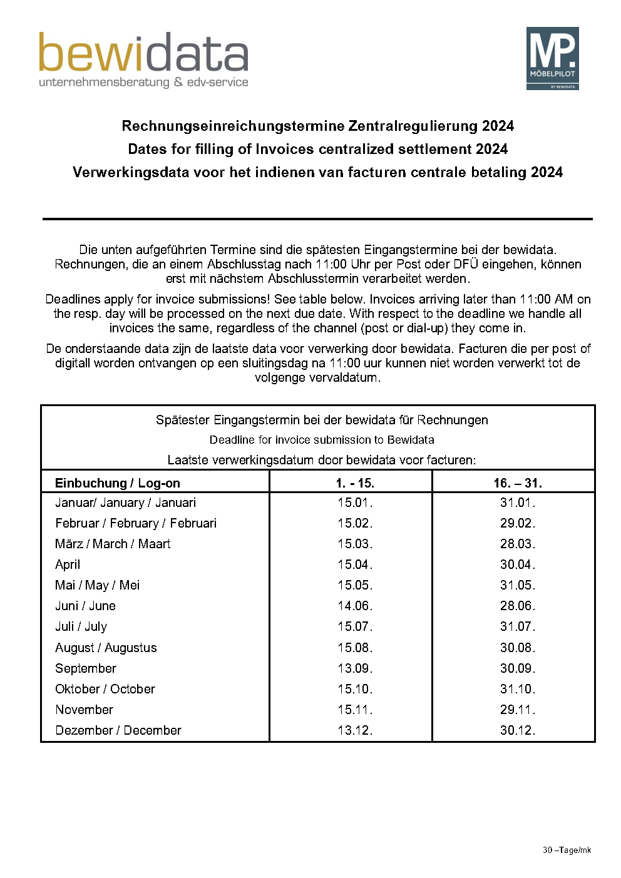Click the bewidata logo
pos(143,59)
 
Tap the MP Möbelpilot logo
pos(552,58)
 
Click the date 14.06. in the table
pos(354,606)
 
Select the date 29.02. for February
pos(517,523)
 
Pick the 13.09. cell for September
pos(354,668)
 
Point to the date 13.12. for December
pos(354,730)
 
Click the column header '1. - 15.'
pos(354,483)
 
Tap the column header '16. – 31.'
pos(517,483)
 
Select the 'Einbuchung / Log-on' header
pos(118,483)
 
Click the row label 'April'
pos(68,564)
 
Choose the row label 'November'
pos(85,710)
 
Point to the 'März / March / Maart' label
pos(113,544)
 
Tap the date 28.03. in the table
pos(517,544)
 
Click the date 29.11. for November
pos(517,710)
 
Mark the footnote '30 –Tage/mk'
pos(567,850)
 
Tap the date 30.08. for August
pos(517,648)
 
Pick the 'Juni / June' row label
pos(85,606)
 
